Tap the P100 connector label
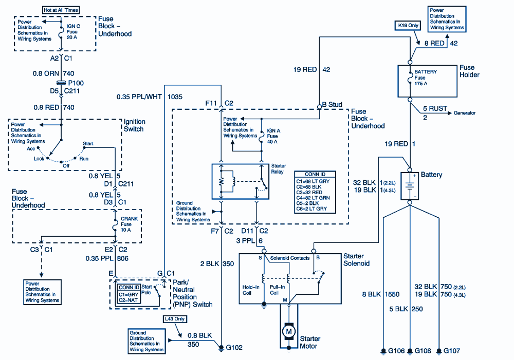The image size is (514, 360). click(x=76, y=82)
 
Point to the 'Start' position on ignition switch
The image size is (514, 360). click(x=88, y=143)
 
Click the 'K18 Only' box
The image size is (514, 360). click(x=407, y=25)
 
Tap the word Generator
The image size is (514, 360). click(x=464, y=113)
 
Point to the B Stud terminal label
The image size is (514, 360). click(x=332, y=105)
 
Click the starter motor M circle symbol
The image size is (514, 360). click(x=288, y=331)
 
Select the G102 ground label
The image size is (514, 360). click(x=234, y=348)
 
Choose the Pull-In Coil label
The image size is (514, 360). click(x=277, y=290)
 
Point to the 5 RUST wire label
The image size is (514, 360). click(x=435, y=109)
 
